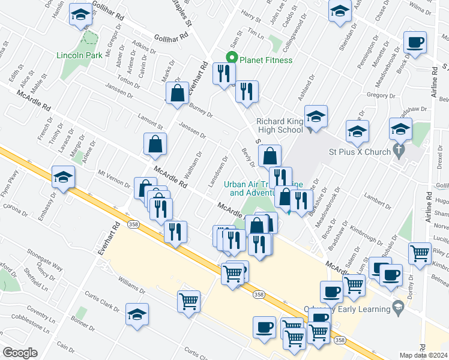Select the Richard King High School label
(x=280, y=125)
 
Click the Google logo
(x=20, y=352)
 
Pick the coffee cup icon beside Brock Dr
(x=415, y=43)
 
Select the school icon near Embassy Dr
(x=62, y=176)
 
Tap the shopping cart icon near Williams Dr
(x=189, y=300)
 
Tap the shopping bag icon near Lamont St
(x=155, y=144)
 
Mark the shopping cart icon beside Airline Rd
(x=420, y=253)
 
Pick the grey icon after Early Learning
(x=397, y=308)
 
